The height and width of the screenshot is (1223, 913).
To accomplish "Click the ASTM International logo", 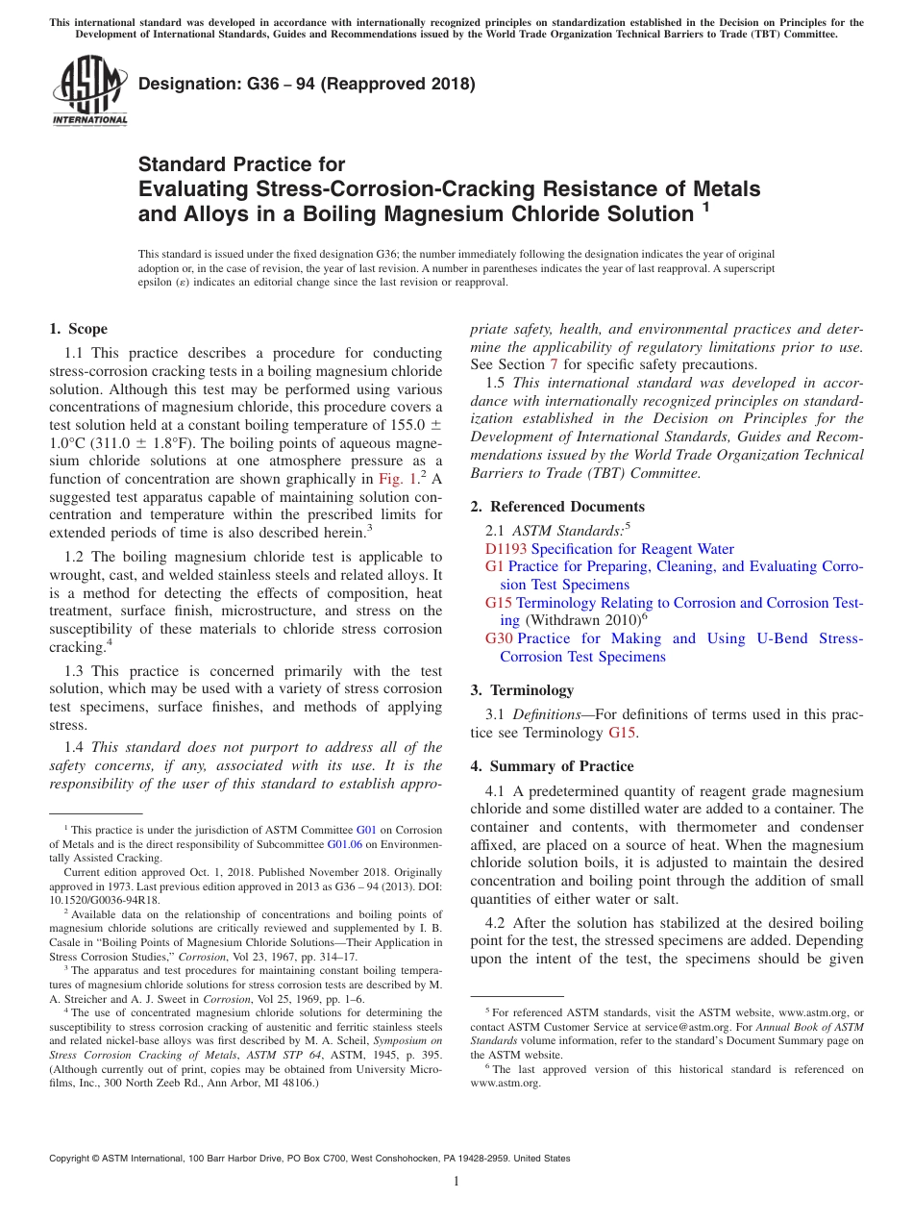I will [x=88, y=92].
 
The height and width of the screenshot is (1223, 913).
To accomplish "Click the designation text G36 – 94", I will [x=307, y=84].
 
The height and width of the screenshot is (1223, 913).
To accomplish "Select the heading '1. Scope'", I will [x=78, y=329].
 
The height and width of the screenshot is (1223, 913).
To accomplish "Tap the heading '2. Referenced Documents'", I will [x=554, y=507].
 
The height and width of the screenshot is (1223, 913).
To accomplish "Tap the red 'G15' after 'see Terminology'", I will [x=623, y=733].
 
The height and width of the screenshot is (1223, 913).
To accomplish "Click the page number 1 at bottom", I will [x=456, y=1182].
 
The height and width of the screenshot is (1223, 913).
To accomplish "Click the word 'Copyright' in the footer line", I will [x=72, y=1159].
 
